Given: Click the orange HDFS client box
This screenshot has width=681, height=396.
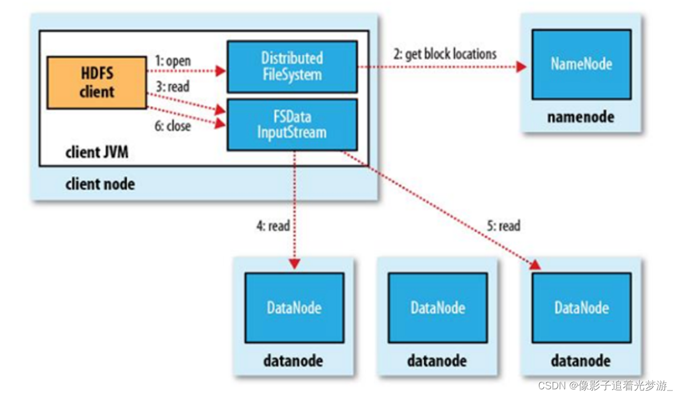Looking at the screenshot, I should [x=97, y=82].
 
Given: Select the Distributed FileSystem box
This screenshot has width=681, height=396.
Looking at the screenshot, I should [x=292, y=66].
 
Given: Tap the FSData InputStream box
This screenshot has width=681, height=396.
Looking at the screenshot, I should [x=292, y=125].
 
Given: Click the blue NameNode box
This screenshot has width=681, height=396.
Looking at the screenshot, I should [x=581, y=64].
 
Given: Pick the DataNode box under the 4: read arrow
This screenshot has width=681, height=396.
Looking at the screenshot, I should [x=294, y=308].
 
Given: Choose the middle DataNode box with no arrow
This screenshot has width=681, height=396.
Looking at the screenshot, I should [x=438, y=308].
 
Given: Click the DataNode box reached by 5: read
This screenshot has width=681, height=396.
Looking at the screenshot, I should [x=581, y=308].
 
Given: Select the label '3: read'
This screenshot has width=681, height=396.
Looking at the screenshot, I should [x=172, y=87].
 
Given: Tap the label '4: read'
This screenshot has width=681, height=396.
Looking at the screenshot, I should [x=272, y=226].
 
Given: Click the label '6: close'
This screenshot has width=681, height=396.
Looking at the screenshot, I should [x=172, y=126].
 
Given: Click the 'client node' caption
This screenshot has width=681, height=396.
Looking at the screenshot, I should [x=100, y=184].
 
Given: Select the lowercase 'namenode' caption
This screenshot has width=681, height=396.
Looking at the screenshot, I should [x=581, y=117].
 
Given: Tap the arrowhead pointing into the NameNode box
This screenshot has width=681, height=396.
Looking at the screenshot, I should [x=521, y=67].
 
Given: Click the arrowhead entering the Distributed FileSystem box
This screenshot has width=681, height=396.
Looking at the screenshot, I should [x=221, y=71].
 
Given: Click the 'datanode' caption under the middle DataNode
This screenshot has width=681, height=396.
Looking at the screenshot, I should [x=437, y=360].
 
